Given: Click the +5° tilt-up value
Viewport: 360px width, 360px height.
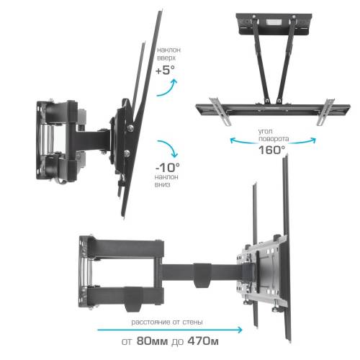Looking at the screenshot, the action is coord(165,71).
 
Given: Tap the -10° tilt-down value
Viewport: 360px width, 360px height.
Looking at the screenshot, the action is coord(168,168).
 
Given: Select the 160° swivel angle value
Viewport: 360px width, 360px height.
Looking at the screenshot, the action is coord(271,150).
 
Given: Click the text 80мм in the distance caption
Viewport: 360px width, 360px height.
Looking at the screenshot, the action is coord(152,341).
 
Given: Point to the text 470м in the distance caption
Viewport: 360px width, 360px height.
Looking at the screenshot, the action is coord(203,341).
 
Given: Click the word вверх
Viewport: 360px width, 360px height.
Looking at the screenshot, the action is coord(166,58).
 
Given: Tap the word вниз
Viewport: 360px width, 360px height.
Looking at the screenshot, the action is coord(162,184).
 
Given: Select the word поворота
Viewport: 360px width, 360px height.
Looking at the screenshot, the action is coord(274,139).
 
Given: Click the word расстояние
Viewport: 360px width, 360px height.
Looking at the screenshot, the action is coord(151,322).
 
